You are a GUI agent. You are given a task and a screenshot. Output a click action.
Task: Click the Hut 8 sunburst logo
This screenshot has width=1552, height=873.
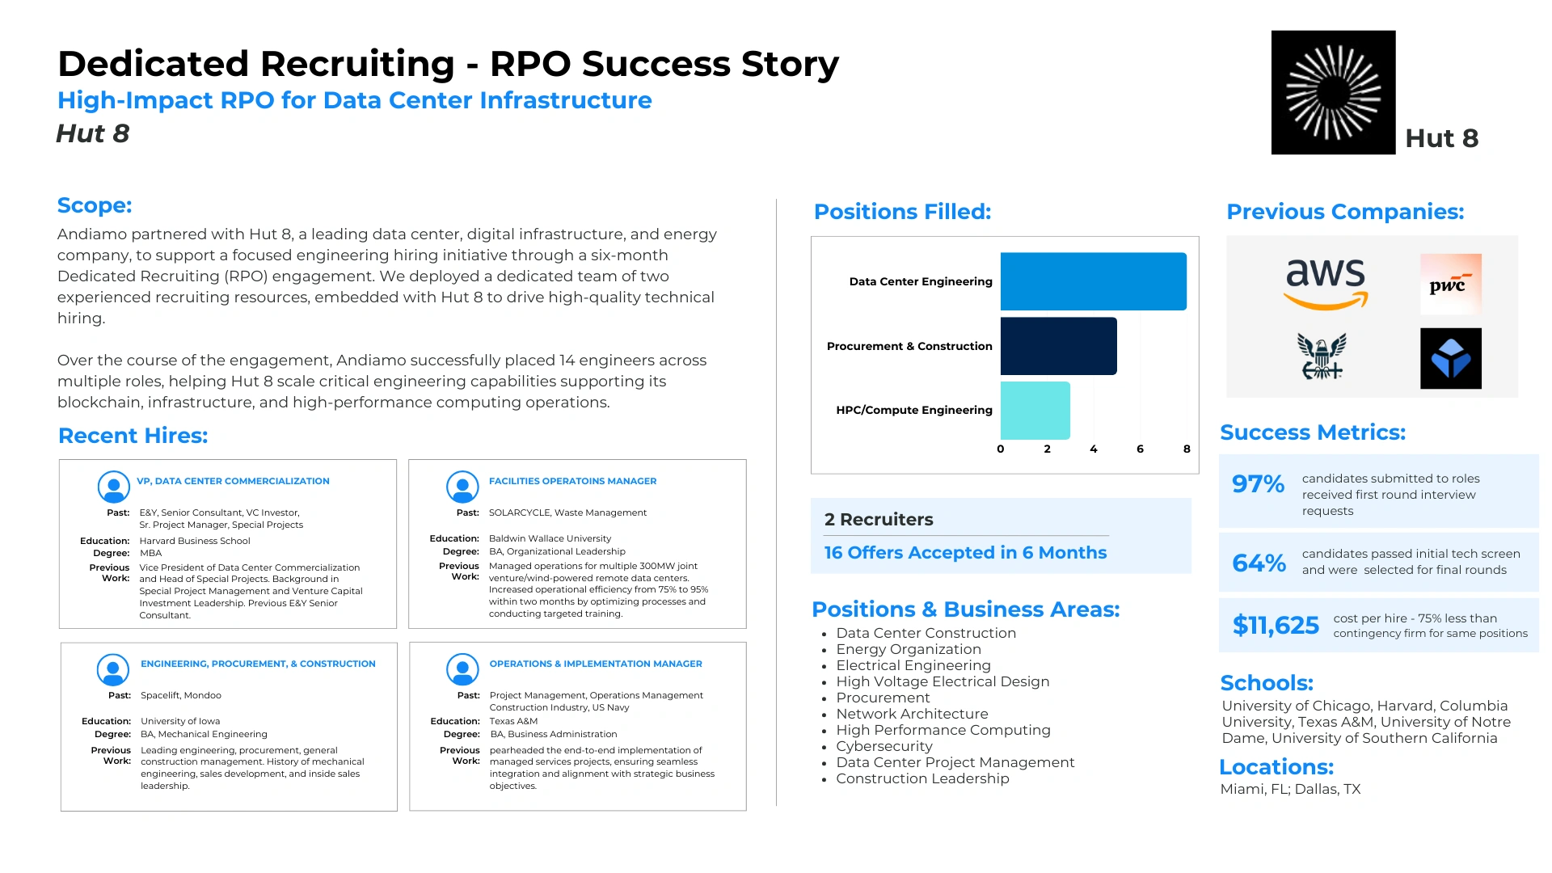(x=1333, y=92)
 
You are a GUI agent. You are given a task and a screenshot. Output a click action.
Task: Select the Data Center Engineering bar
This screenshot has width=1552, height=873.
(x=1094, y=281)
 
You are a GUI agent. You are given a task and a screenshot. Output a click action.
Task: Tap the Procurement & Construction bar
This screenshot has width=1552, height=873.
(x=1059, y=346)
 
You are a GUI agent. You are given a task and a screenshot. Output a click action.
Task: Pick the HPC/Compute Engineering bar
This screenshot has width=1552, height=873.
(x=1035, y=411)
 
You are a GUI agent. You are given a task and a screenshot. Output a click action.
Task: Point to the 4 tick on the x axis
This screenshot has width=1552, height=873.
(x=1094, y=449)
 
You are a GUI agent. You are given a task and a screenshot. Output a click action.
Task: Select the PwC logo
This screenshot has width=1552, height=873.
(x=1451, y=284)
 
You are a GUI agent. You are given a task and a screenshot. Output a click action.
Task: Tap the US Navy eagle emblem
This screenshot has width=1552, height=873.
(x=1322, y=356)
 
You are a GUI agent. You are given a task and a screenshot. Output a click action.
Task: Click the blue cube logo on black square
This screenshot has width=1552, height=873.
(x=1451, y=358)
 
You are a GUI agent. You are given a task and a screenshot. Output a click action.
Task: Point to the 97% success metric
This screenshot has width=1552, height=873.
(x=1258, y=484)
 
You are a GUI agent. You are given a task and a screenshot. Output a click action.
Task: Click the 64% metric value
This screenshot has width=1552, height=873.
(x=1259, y=563)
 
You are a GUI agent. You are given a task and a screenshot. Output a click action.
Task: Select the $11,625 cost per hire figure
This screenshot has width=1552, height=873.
(x=1276, y=625)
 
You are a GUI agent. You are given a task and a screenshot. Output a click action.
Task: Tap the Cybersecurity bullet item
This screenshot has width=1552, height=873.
(x=884, y=746)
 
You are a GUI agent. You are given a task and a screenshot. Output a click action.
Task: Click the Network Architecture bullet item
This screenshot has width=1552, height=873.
(x=912, y=714)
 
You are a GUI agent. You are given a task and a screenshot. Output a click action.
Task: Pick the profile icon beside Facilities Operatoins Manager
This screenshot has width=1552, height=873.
(x=462, y=487)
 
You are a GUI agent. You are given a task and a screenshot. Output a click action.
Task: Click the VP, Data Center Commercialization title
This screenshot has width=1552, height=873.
(x=233, y=481)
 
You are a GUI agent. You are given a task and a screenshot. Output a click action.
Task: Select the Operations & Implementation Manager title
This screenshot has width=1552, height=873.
(x=596, y=664)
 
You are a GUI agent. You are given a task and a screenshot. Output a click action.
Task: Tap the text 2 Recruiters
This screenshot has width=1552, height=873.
(x=879, y=520)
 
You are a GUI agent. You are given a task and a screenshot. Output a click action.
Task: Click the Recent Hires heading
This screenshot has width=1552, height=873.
(x=133, y=436)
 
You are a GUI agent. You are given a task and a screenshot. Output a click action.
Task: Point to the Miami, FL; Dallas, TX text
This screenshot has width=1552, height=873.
(x=1290, y=789)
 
